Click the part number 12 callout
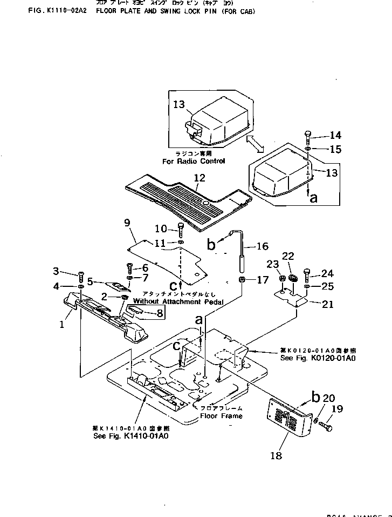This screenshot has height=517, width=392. click(200, 178)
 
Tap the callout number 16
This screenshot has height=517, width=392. click(262, 247)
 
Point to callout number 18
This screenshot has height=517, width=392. click(276, 456)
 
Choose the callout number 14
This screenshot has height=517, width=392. click(335, 136)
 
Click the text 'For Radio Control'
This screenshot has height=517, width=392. click(193, 161)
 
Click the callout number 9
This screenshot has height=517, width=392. click(127, 221)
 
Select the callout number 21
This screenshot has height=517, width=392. click(327, 304)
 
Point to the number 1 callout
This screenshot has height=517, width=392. click(62, 325)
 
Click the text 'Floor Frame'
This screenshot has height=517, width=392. click(221, 416)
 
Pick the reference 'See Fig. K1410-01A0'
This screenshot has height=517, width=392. click(131, 437)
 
